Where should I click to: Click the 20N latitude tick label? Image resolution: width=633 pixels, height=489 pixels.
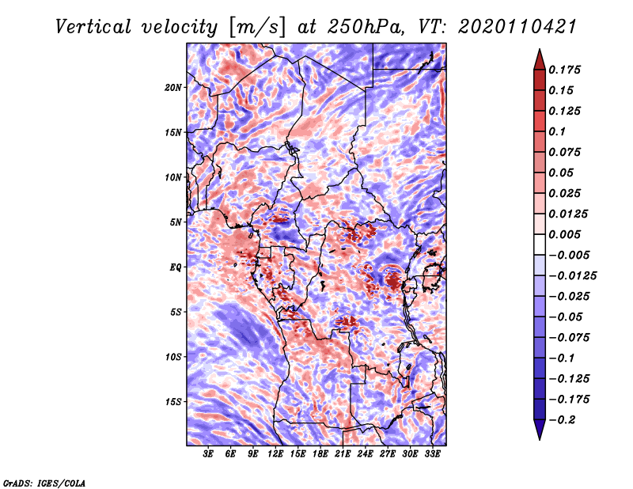point(173,87)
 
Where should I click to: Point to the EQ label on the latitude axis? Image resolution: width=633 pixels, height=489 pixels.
point(176,267)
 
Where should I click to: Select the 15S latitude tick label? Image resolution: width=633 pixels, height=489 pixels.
point(173,402)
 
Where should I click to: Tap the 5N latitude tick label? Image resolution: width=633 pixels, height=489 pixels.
point(175,222)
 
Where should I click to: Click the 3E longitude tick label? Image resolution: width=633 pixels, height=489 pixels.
point(209,454)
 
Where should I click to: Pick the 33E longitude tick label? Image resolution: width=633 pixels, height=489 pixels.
point(432,454)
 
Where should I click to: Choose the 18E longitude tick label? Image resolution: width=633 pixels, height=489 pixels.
point(320,454)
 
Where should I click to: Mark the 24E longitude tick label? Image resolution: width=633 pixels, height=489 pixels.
point(365,454)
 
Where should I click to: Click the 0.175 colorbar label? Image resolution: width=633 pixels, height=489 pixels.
point(567,70)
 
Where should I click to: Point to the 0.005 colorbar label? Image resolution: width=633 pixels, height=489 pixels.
point(567,234)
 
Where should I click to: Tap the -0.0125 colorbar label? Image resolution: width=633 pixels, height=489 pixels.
point(573,275)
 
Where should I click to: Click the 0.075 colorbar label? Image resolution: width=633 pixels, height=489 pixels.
point(567,152)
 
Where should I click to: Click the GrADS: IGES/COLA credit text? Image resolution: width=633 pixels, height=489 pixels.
point(44,482)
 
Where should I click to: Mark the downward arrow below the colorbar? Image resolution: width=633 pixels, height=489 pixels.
point(539,430)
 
